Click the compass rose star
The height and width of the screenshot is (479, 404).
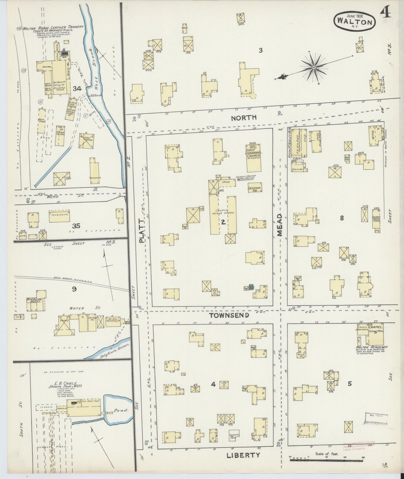click(314, 67)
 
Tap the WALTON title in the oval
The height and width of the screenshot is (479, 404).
click(354, 22)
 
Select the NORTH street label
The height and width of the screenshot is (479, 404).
click(244, 118)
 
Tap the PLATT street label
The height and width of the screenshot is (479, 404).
click(142, 230)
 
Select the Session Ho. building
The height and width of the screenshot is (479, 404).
click(254, 189)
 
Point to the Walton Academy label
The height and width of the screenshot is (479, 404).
click(372, 347)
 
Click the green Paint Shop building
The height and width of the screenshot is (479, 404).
click(251, 287)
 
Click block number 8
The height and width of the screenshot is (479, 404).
click(342, 218)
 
